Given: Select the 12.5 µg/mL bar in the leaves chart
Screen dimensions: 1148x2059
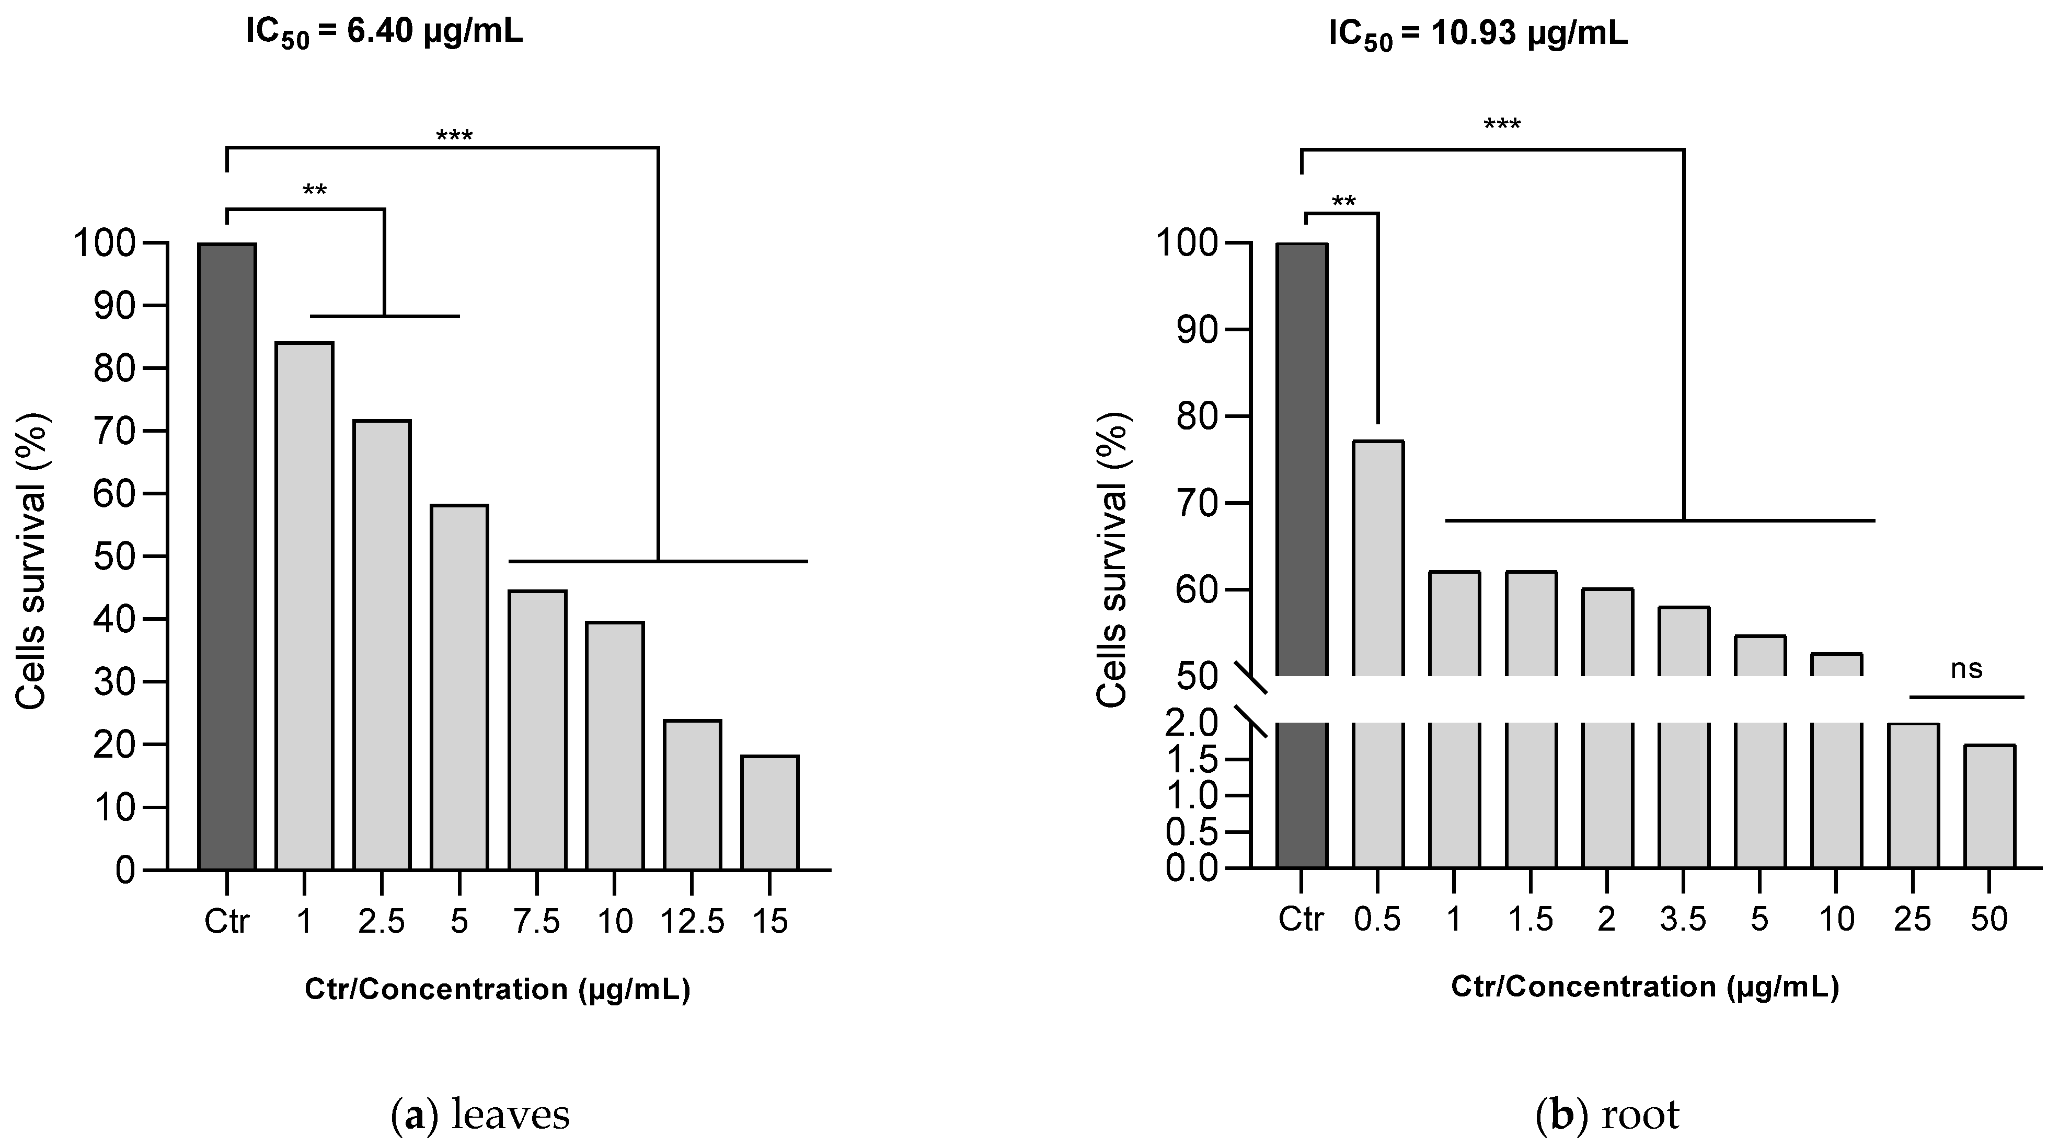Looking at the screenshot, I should [x=692, y=795].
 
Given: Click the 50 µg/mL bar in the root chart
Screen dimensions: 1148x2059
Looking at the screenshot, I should [x=1989, y=806].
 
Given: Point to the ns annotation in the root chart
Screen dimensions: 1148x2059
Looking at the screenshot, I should [x=1967, y=669].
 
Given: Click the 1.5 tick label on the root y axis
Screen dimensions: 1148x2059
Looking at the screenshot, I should [x=1191, y=760].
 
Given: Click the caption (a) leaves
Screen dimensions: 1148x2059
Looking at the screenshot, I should [x=479, y=1115].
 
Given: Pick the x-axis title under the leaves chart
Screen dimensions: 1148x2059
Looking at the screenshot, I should [x=497, y=990].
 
